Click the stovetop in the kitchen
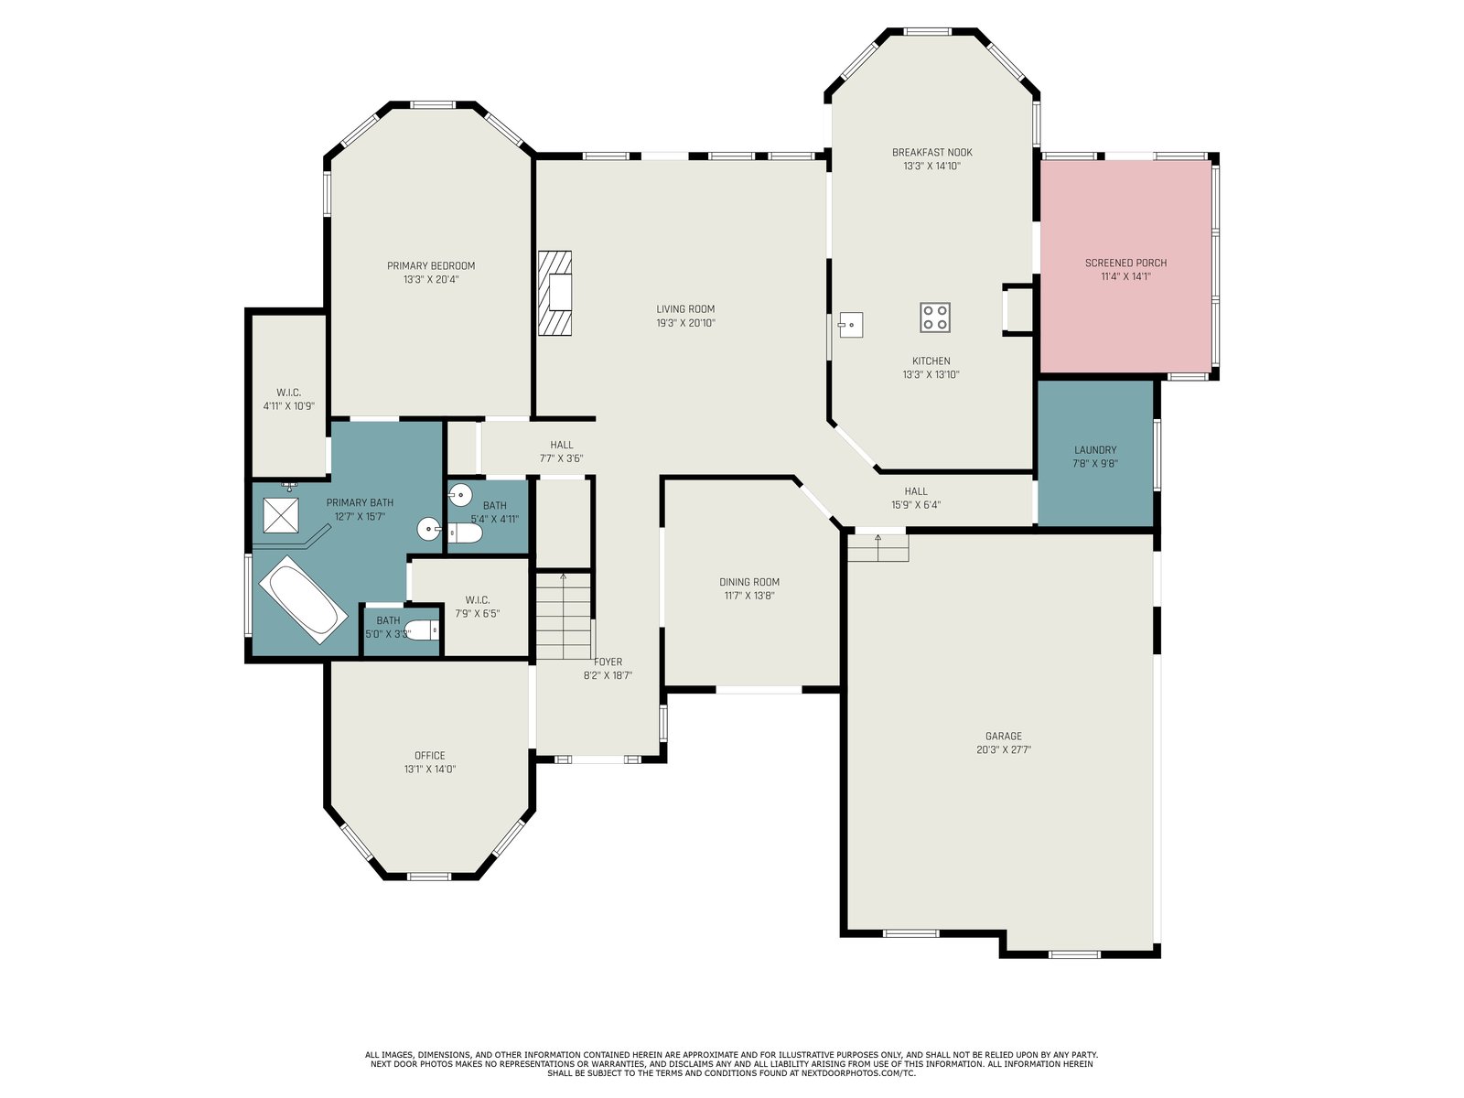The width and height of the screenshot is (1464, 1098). coord(934,318)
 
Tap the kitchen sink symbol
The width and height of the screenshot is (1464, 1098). coord(850,325)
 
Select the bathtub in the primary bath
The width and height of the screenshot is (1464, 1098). coord(303,599)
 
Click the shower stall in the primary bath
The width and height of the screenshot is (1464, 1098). coord(281,515)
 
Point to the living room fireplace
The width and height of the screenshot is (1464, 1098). coord(554,293)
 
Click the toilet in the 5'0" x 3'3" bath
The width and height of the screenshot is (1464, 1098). coord(422,630)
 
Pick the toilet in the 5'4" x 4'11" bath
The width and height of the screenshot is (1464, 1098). coord(465,533)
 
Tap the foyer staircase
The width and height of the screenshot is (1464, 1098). coord(564,616)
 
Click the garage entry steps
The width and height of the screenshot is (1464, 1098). coord(877,547)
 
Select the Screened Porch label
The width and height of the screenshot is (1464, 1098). coord(1125,264)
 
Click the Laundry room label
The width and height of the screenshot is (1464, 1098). coord(1095,450)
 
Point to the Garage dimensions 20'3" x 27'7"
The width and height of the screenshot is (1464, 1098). coord(1004,749)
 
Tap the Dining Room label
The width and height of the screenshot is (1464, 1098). coord(749,582)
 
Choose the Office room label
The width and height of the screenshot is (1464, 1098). coord(429,756)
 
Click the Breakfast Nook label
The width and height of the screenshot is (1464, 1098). coord(931,153)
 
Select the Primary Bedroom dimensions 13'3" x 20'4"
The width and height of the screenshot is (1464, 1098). coord(431,279)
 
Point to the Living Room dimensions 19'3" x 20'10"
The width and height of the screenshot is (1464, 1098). coord(685,323)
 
